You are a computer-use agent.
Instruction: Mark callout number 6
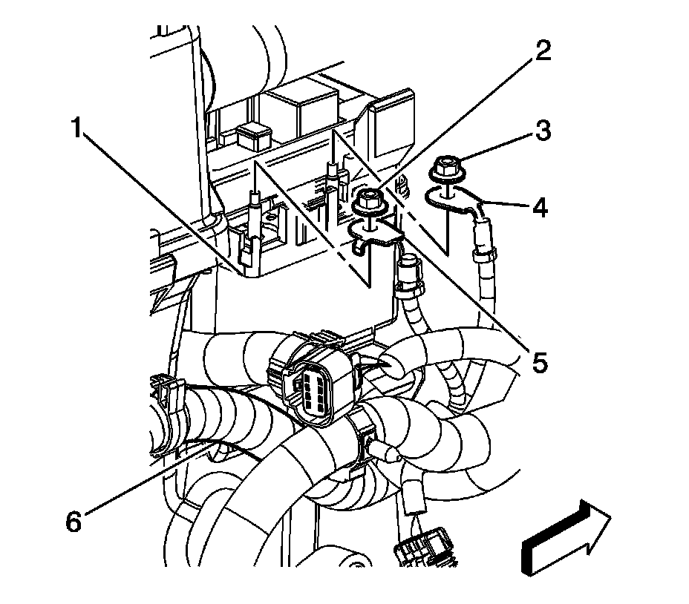tap(73, 522)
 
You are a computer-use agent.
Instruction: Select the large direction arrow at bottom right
tap(567, 538)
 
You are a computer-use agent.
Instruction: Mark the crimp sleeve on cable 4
tap(482, 252)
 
